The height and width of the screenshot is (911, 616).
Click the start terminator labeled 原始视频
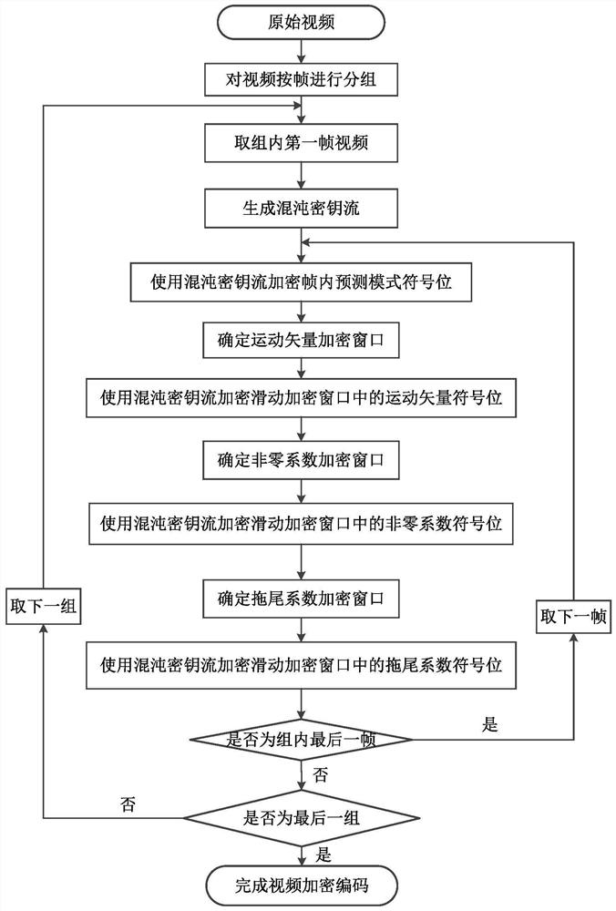(x=302, y=23)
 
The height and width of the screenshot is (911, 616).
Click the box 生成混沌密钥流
(x=302, y=208)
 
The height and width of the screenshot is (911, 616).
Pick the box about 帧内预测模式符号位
(x=302, y=281)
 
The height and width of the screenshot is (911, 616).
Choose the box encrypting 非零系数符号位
(x=302, y=525)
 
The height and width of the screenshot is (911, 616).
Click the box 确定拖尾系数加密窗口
(x=302, y=599)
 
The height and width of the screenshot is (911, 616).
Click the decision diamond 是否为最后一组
(x=302, y=816)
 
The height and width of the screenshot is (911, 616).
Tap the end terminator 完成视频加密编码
(x=302, y=885)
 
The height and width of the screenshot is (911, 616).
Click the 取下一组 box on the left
(x=43, y=608)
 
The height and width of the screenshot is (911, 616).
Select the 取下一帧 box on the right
(x=574, y=617)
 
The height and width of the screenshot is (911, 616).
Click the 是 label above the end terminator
(x=320, y=855)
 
